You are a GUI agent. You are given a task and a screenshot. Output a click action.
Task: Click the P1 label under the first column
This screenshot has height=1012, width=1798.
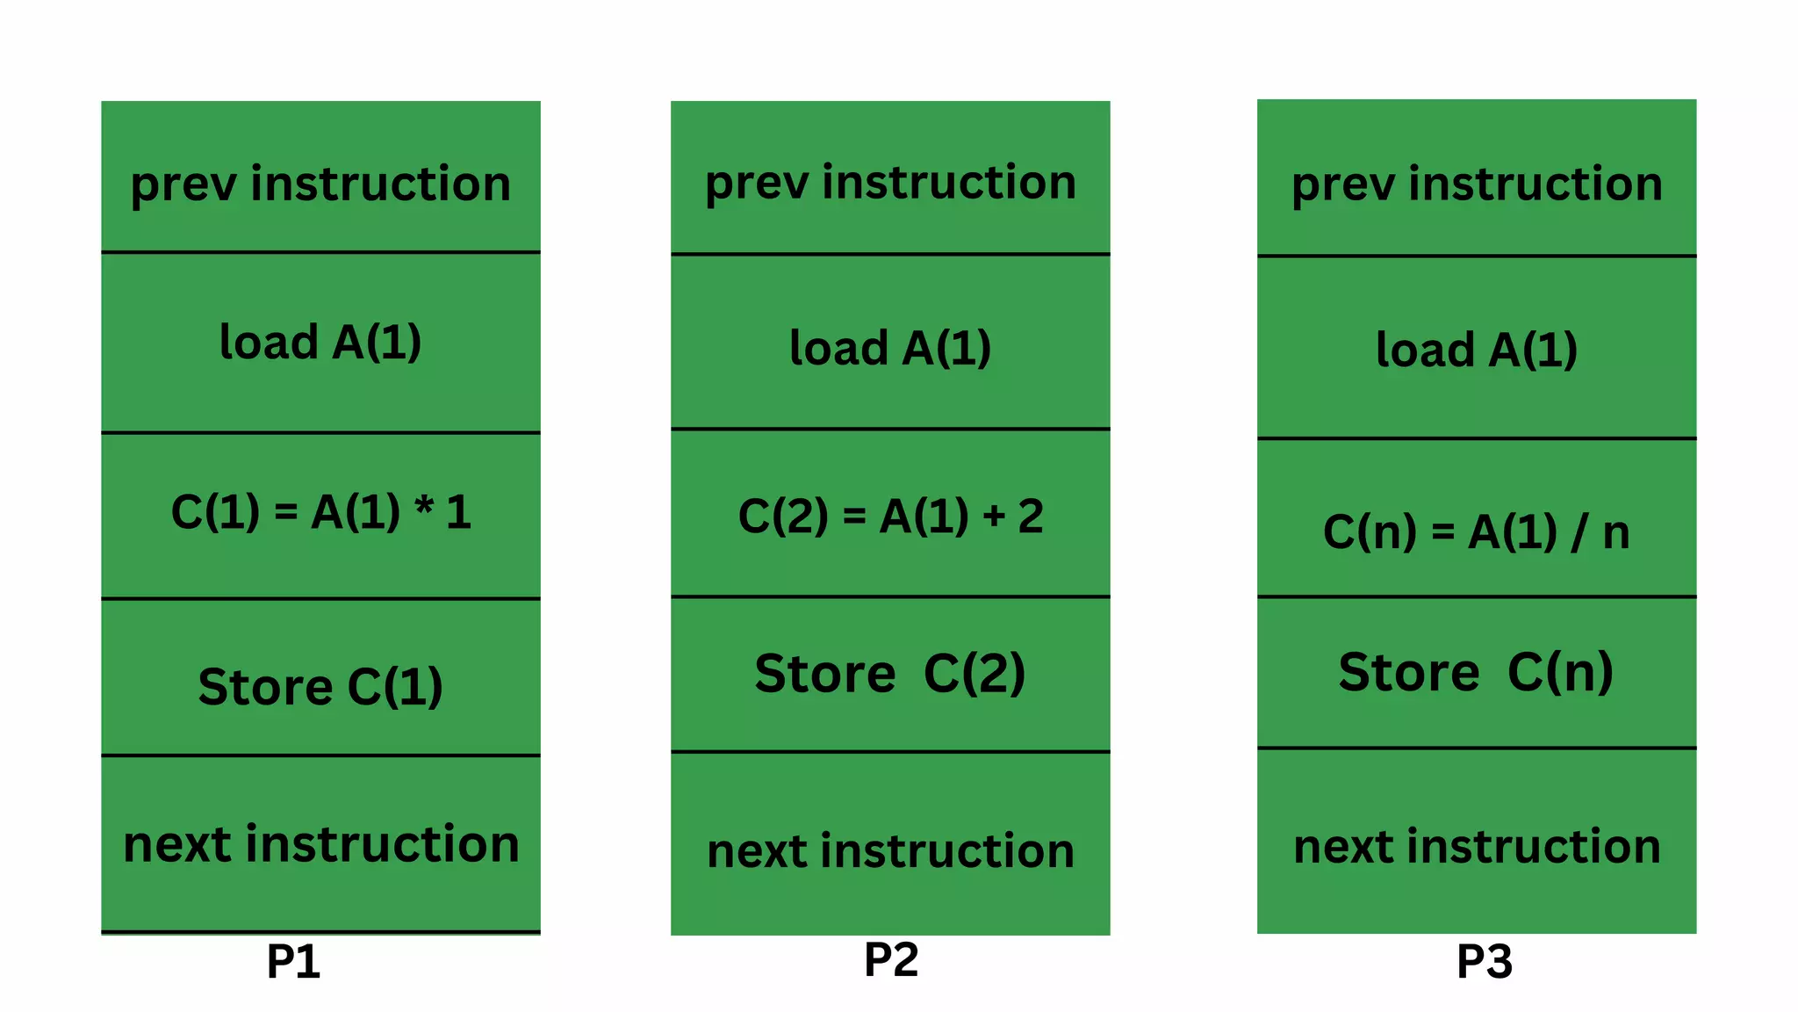coord(293,962)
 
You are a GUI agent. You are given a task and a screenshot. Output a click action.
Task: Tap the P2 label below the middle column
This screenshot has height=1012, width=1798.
coord(891,959)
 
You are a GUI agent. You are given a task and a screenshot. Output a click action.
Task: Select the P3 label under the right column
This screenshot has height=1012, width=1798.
coord(1485,962)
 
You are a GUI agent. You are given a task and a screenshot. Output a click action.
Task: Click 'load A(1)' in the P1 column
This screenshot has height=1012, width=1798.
coord(320,342)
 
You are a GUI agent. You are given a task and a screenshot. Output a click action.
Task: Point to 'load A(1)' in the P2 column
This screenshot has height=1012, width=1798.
coord(890,348)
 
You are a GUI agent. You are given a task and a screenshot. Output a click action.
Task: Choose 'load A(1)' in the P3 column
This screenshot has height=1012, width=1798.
coord(1477,350)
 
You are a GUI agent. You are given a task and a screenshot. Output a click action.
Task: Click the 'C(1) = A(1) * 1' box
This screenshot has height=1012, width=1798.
coord(320,512)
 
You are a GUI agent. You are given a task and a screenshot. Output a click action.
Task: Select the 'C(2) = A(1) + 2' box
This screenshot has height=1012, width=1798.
coord(890,516)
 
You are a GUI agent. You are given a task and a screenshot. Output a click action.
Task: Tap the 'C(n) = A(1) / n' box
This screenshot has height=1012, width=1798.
coord(1477,532)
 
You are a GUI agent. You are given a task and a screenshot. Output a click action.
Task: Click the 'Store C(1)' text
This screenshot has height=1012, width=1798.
coord(320,686)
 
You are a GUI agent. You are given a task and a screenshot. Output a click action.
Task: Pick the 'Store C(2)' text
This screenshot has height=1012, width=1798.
coord(890,674)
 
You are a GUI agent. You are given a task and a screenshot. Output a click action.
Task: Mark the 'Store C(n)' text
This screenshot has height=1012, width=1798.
coord(1477,672)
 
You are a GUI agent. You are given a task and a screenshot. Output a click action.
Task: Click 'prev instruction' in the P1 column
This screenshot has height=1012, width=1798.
coord(320,184)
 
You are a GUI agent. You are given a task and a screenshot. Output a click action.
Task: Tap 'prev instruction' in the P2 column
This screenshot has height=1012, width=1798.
coord(890,183)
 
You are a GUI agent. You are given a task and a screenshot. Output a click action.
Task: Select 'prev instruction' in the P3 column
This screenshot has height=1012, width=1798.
coord(1477,184)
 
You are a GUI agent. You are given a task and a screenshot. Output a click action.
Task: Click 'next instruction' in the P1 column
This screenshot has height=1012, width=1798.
coord(320,844)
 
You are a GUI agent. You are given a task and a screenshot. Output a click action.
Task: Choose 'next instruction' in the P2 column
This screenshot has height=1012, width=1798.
coord(890,851)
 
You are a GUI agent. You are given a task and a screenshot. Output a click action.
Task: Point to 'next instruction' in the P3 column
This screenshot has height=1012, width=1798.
coord(1477,847)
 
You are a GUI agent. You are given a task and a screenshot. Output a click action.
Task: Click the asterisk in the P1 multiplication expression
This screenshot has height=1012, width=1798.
coord(424,506)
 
